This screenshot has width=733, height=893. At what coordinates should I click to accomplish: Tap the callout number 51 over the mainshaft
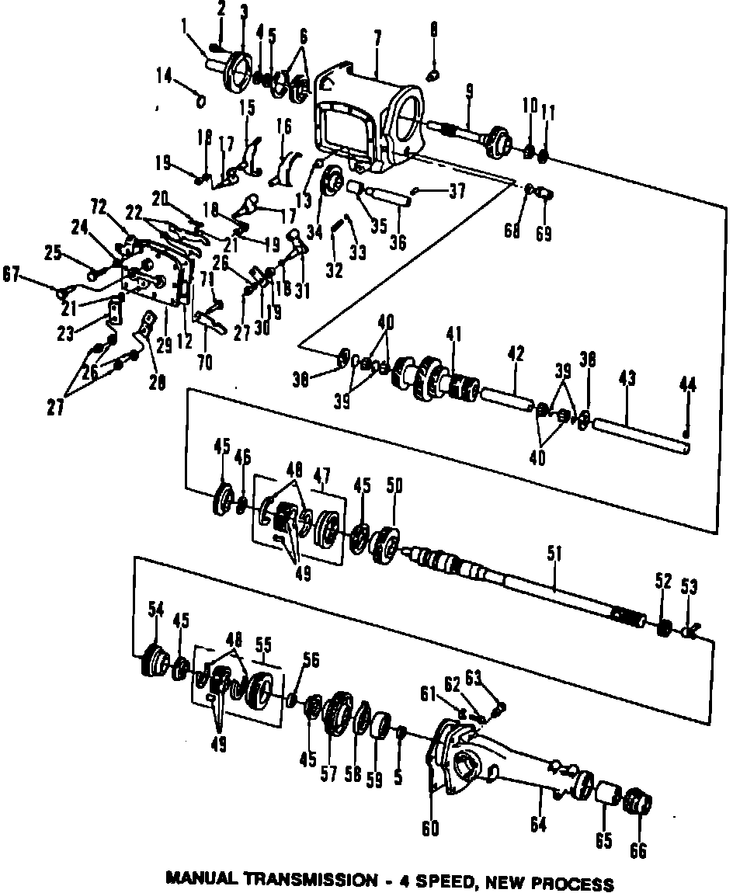coord(553,553)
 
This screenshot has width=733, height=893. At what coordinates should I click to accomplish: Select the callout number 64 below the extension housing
coord(538,825)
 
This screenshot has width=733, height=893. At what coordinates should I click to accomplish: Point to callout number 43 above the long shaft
coord(627,378)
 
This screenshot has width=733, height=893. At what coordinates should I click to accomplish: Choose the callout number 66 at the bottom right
coord(637,850)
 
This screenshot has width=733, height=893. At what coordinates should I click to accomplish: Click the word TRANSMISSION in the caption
coord(311,881)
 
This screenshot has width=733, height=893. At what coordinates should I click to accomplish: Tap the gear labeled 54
coord(155,660)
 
